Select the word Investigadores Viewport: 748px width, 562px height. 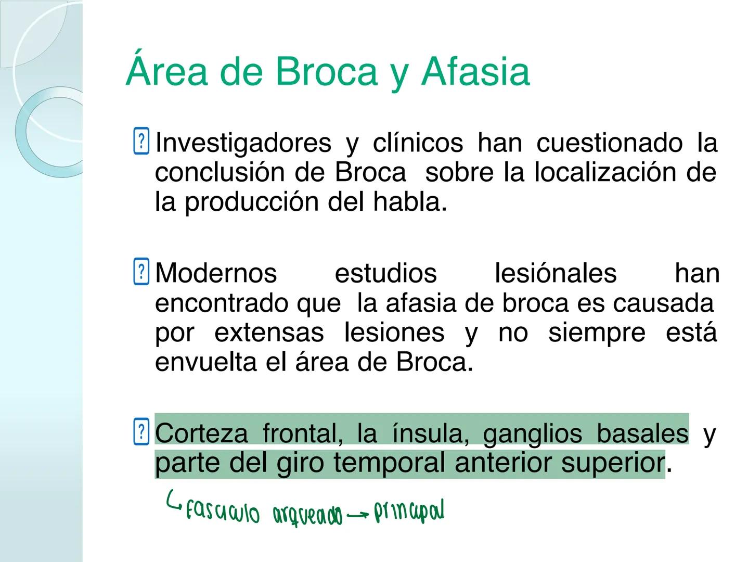[243, 143]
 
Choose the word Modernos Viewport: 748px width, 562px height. [216, 273]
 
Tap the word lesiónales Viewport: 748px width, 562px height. [555, 273]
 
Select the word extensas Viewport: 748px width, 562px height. [268, 333]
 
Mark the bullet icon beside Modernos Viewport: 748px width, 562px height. [141, 272]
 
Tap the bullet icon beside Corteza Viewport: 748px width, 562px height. [141, 432]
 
